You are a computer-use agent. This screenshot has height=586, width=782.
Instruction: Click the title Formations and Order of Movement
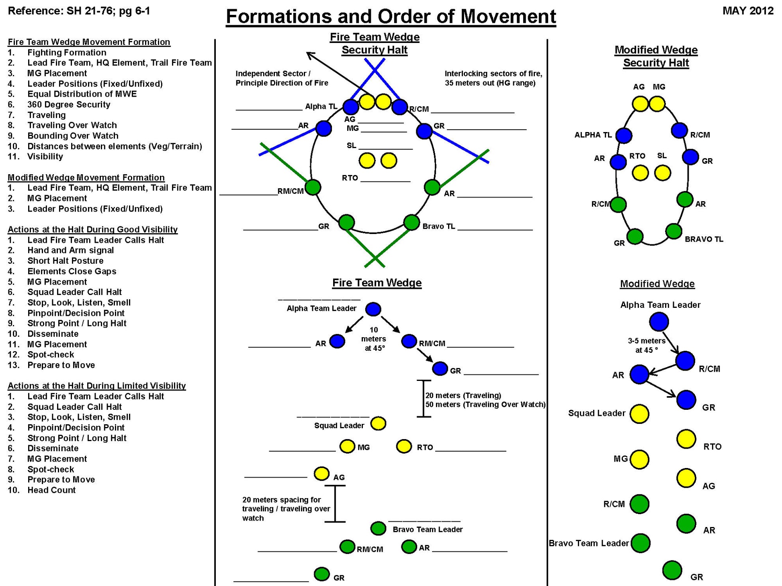point(391,17)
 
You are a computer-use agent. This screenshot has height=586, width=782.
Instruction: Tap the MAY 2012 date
point(747,11)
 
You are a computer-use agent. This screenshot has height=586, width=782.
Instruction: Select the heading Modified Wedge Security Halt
point(656,56)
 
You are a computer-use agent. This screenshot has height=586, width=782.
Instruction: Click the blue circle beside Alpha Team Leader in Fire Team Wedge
point(373,309)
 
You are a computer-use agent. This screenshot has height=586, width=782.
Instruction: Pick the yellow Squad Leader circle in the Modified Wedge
point(639,414)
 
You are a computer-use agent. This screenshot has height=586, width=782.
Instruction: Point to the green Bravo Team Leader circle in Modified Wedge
point(641,543)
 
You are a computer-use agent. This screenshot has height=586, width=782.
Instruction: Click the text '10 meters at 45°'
point(374,339)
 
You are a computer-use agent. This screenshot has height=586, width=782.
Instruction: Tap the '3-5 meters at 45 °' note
point(647,345)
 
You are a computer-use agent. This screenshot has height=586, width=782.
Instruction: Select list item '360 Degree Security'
point(69,104)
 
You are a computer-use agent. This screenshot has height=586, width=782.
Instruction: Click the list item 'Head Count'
point(51,490)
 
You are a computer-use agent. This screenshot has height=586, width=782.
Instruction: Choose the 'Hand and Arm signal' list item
point(71,250)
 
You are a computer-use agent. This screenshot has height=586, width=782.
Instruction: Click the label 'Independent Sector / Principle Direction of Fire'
point(281,78)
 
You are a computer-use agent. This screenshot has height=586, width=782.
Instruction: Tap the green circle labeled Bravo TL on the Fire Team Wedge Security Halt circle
point(411,222)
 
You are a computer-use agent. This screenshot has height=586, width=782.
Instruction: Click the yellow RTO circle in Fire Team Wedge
point(404,446)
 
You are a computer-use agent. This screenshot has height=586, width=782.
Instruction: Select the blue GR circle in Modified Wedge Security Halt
point(690,157)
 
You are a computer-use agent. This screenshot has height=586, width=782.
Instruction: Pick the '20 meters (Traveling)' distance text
point(463,395)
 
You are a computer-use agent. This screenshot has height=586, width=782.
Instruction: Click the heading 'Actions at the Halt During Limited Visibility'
point(96,386)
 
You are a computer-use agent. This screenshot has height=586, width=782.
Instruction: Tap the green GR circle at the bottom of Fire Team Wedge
point(321,574)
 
